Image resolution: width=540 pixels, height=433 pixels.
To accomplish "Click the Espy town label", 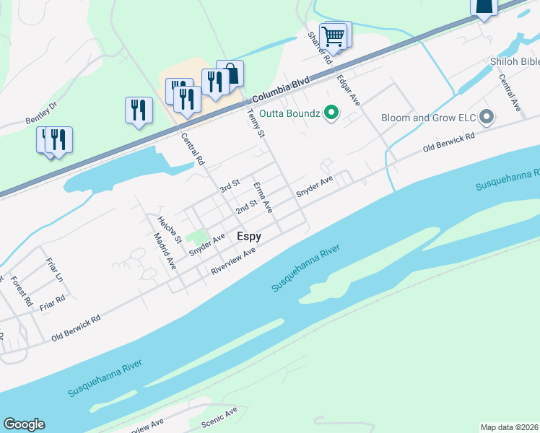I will (x=249, y=236).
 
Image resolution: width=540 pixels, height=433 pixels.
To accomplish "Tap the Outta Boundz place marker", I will (x=331, y=113).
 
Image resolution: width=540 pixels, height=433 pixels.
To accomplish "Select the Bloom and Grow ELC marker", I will (x=487, y=116).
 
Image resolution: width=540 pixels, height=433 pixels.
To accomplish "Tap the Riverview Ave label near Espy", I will (x=233, y=262).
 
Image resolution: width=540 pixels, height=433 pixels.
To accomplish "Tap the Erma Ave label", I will (x=263, y=197).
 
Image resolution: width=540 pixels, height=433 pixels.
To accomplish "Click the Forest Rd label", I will (x=22, y=289).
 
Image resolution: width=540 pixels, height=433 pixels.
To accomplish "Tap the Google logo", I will (x=24, y=424).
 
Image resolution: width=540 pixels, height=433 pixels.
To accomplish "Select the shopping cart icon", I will (x=333, y=35).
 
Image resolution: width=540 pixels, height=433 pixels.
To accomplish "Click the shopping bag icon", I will (x=230, y=72).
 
